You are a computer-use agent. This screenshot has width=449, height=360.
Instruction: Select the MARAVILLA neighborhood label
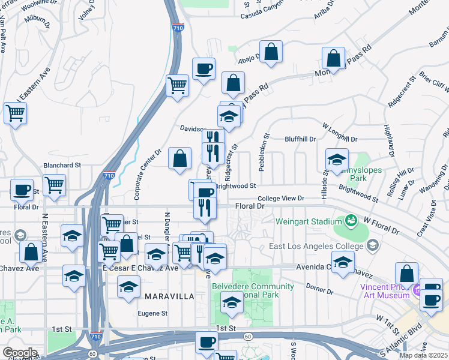[x=169, y=296]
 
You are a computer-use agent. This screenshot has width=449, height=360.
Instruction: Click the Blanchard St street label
[x=62, y=165]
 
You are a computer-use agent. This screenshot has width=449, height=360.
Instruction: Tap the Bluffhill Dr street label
[x=300, y=139]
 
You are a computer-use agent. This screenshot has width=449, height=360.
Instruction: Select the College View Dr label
[x=281, y=198]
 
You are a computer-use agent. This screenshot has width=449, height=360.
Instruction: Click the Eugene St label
[x=152, y=313]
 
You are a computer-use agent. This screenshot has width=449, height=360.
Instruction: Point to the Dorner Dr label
[x=319, y=291]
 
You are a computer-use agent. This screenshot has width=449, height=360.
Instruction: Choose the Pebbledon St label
[x=263, y=153]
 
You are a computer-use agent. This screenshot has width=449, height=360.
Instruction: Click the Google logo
[x=20, y=353]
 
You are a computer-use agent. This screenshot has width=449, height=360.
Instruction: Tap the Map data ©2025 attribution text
[x=423, y=355]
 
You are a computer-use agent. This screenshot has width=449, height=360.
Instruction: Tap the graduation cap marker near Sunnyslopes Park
[x=337, y=160]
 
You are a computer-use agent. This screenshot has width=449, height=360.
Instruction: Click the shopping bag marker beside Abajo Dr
[x=271, y=52]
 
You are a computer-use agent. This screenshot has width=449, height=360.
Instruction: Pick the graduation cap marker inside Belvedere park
[x=232, y=304]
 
